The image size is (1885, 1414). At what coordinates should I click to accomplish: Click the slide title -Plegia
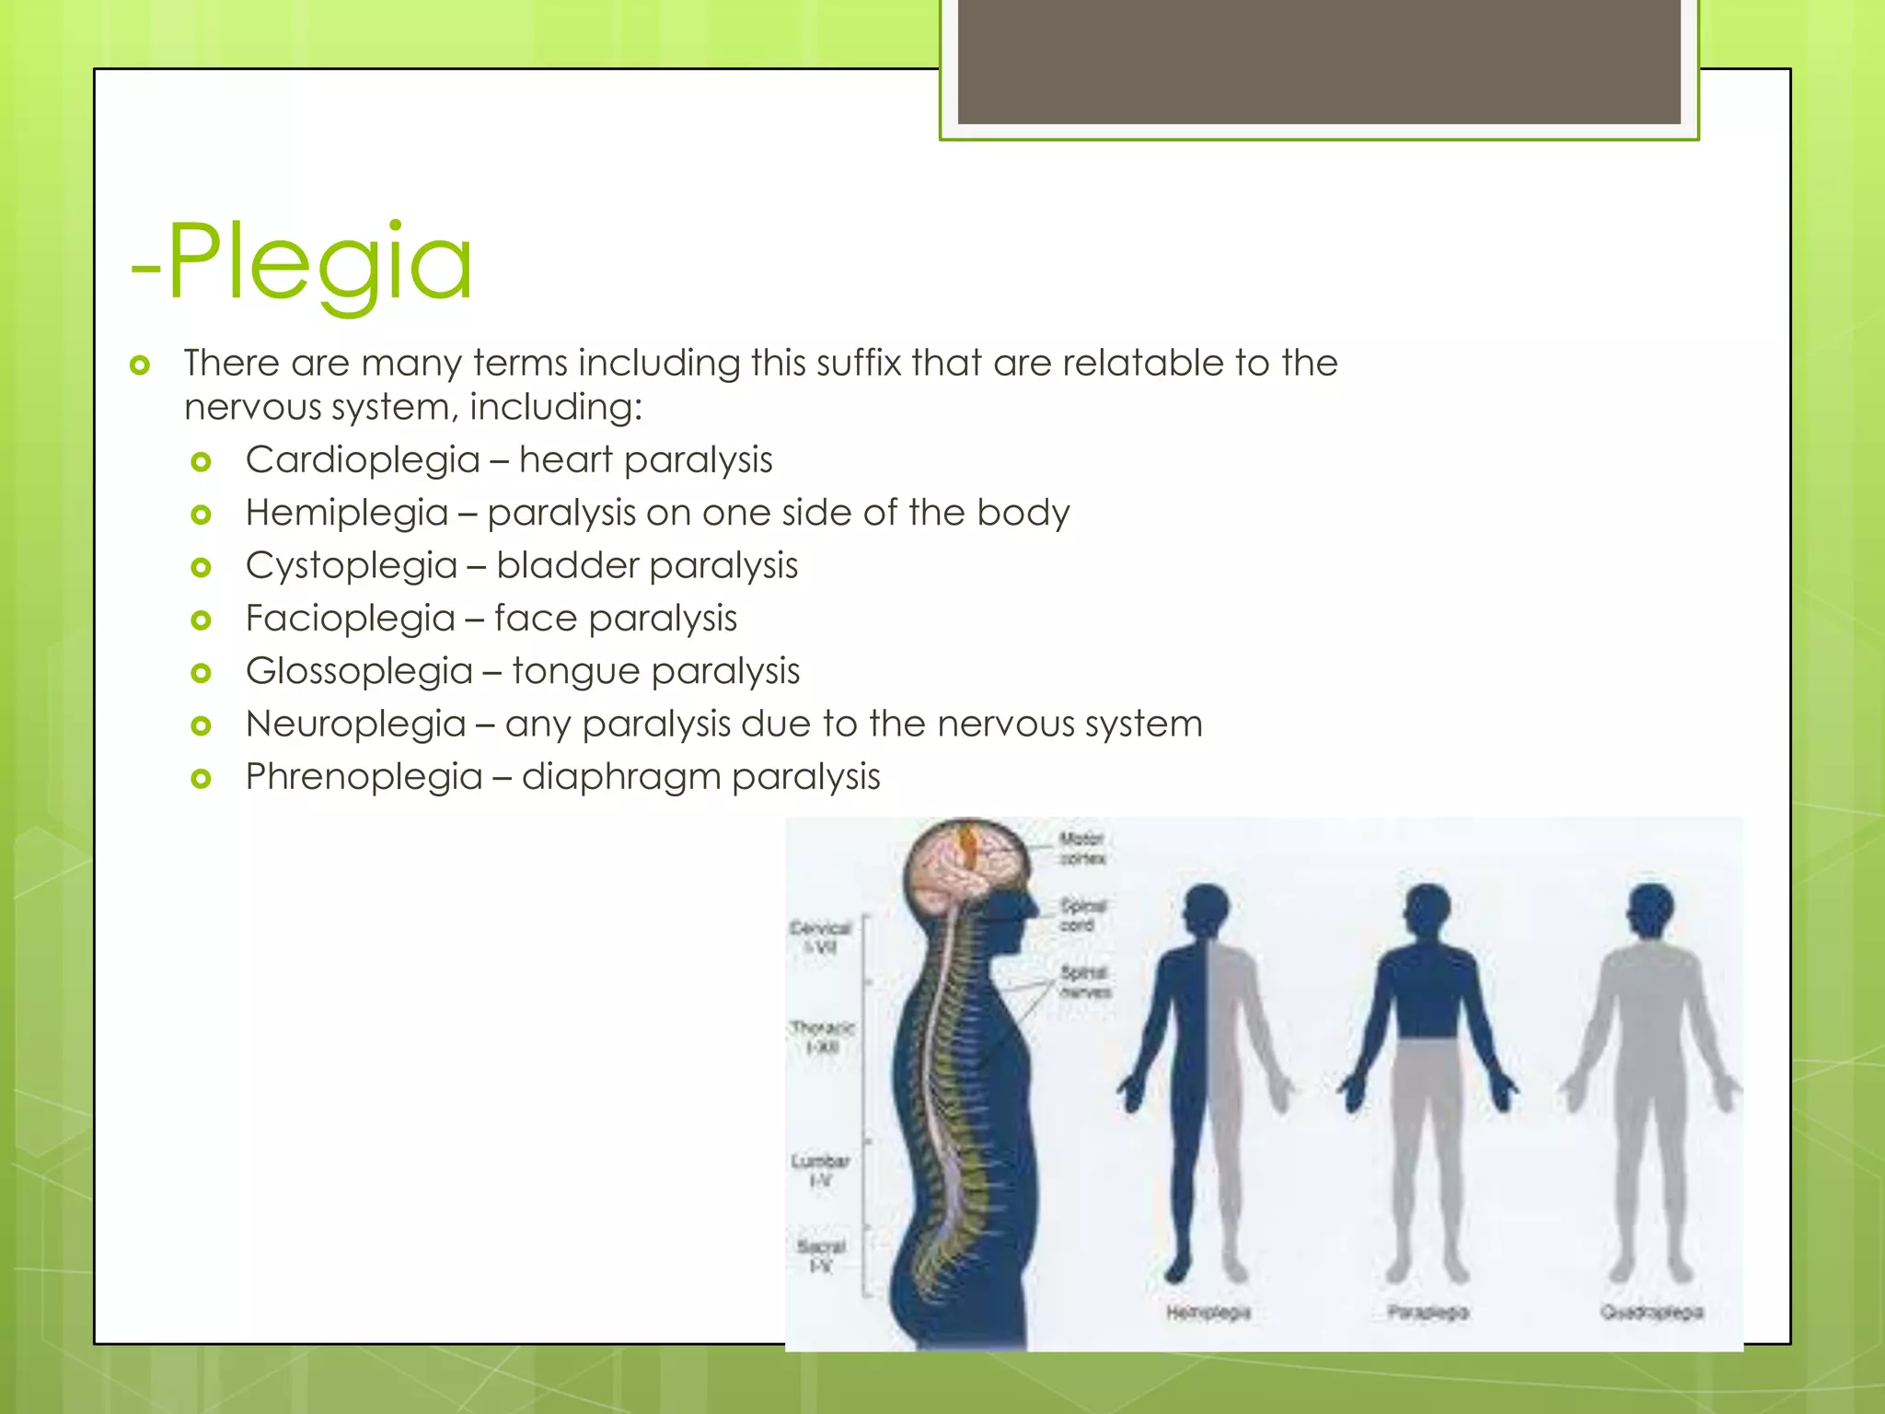302,262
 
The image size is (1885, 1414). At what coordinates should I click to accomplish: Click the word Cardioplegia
363,459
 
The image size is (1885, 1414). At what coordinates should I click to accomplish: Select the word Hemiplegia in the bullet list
346,513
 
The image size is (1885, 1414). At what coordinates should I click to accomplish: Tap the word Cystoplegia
351,565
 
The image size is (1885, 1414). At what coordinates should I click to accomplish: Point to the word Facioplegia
350,618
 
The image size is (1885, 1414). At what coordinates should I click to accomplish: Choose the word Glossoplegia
359,671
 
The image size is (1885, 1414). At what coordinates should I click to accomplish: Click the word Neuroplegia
355,724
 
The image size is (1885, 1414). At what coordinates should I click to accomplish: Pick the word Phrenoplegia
364,777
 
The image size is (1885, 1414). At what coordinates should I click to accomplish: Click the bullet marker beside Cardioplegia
201,461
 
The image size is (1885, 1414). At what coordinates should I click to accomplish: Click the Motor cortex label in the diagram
1081,848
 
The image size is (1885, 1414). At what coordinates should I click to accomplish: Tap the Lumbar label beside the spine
820,1170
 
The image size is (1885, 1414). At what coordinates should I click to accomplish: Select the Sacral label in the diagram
821,1256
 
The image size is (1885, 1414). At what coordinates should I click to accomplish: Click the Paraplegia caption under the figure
1428,1312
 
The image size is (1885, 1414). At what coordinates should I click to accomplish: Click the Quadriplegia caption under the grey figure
1651,1312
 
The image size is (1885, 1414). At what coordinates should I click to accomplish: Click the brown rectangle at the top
1319,62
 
